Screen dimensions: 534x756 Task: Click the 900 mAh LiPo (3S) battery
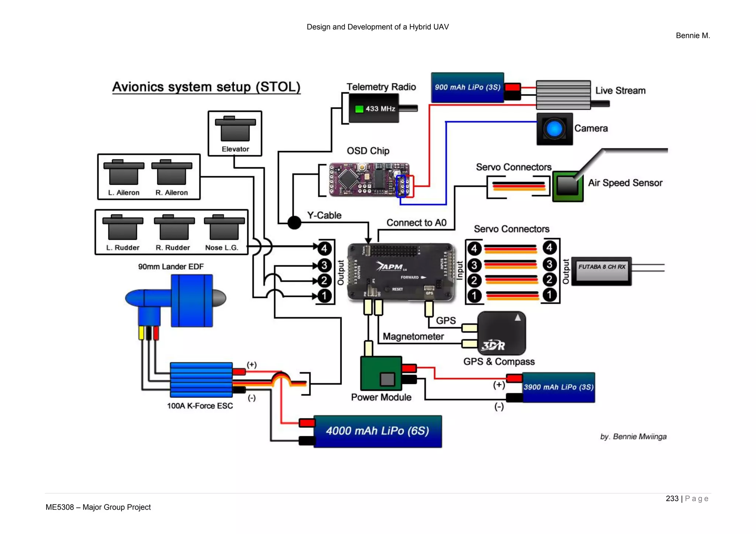(x=467, y=87)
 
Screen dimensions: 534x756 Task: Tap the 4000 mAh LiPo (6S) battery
(x=377, y=431)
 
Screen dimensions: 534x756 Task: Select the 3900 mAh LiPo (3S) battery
(x=558, y=387)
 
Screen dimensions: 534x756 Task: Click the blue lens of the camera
(x=554, y=129)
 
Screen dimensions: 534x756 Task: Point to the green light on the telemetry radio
(x=359, y=109)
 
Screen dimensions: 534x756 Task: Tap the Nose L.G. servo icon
(x=224, y=228)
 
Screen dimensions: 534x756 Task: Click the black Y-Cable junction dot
(x=294, y=222)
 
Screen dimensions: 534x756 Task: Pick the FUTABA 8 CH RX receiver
(x=602, y=271)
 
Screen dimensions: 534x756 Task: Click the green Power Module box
(x=381, y=373)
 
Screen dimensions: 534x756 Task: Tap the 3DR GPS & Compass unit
(x=501, y=333)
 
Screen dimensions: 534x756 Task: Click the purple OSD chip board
(x=369, y=180)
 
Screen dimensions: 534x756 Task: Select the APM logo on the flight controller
(x=391, y=267)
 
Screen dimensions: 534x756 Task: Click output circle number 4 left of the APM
(x=324, y=248)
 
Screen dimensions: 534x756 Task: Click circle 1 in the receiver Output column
(x=549, y=295)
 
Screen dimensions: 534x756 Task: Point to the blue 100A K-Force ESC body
(x=201, y=379)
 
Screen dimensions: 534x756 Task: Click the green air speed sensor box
(x=567, y=186)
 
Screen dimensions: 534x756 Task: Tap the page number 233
(x=672, y=499)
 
